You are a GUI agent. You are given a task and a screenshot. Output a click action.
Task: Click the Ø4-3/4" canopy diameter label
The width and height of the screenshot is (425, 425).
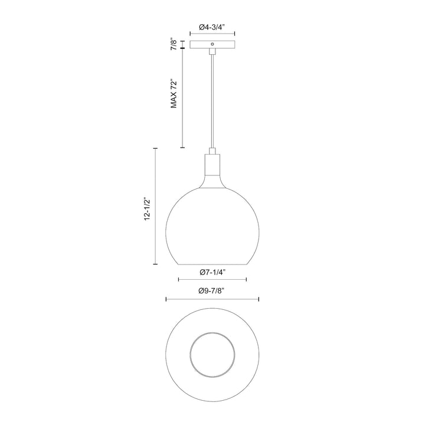(212, 27)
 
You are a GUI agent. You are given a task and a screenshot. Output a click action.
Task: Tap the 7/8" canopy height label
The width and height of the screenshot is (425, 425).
(174, 45)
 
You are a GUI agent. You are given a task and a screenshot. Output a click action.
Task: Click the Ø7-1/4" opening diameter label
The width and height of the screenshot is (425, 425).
(212, 272)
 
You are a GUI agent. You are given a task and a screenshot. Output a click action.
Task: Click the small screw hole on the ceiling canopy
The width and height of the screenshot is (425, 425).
(212, 44)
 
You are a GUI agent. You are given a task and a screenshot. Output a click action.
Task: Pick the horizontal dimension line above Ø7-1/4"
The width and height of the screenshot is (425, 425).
(212, 280)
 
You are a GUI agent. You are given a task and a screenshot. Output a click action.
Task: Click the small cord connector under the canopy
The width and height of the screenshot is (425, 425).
(212, 53)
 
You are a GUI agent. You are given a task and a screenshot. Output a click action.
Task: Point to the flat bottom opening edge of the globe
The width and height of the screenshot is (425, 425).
(212, 263)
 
